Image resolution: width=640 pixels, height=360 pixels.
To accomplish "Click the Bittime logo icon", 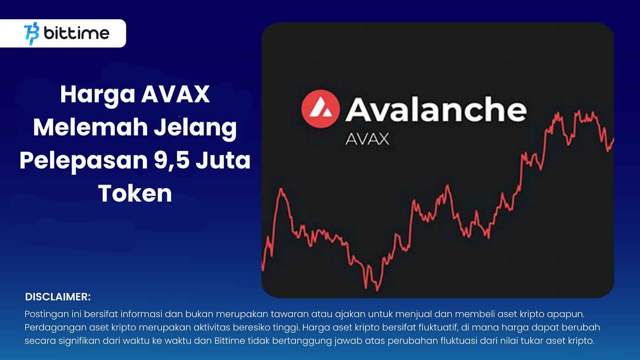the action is pos(32,34).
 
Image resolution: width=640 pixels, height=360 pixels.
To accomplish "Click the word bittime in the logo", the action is pos(76,33).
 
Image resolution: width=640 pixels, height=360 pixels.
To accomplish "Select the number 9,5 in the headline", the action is pos(172,160).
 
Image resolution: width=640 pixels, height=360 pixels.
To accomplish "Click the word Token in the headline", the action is pos(135,193).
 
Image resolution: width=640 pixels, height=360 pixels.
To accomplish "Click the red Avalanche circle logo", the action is pos(320,109).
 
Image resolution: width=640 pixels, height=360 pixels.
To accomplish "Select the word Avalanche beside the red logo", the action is pos(436,109).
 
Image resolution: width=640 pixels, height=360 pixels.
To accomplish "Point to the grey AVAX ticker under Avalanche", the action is pos(367,139).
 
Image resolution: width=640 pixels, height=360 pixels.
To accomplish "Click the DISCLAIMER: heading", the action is pos(58,297).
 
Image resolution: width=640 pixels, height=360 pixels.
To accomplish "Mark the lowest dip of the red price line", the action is pos(378,290).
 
